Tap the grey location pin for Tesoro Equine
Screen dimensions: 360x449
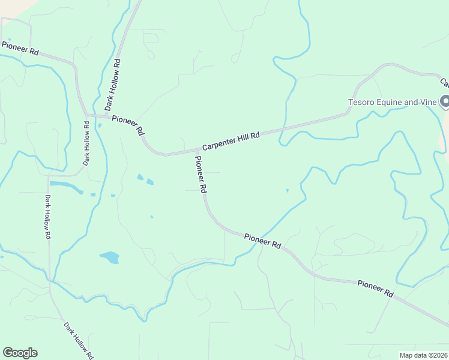(445, 102)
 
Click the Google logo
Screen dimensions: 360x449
(20, 353)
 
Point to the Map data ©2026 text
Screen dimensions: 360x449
(423, 355)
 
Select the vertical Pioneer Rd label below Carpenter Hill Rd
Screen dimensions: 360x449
(200, 175)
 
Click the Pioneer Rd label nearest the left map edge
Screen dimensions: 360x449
(20, 49)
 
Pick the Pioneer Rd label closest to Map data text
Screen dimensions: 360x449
(375, 290)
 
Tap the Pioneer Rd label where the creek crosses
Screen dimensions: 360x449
(263, 241)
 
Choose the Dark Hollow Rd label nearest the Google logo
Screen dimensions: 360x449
(79, 340)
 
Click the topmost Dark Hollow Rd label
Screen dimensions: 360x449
(112, 84)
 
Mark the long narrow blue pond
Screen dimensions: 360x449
(66, 187)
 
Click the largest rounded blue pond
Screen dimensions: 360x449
(109, 257)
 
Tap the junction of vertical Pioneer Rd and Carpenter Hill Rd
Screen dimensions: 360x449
(196, 150)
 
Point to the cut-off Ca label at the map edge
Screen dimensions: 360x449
(445, 83)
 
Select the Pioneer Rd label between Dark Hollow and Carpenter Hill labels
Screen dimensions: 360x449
(127, 124)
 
